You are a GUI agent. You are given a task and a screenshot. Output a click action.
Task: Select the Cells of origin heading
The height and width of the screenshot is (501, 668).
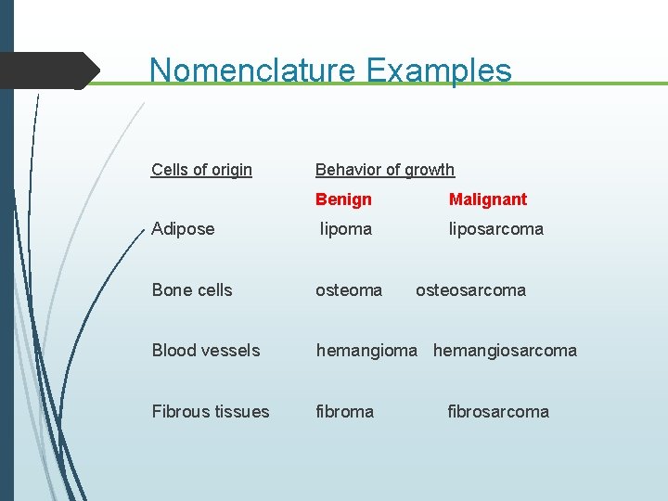(x=201, y=170)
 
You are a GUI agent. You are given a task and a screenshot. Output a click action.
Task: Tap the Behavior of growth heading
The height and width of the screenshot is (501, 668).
(x=385, y=170)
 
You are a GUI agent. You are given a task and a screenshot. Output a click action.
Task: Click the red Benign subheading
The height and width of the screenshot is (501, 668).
(x=343, y=199)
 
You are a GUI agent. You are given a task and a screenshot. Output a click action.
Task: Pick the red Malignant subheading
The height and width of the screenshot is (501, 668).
(x=488, y=199)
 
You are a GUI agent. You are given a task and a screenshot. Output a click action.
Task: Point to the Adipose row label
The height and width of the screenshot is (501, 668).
(x=183, y=229)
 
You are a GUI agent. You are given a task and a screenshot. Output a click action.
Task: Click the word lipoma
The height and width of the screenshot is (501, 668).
(x=346, y=229)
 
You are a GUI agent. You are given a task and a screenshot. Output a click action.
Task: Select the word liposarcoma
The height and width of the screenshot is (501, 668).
(x=496, y=229)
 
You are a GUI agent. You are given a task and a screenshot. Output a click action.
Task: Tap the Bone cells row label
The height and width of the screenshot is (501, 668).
(x=192, y=290)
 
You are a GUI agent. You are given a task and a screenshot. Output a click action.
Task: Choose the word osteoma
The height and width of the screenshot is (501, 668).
(x=349, y=290)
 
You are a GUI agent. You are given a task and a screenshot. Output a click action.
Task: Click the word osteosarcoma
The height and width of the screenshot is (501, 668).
(x=470, y=290)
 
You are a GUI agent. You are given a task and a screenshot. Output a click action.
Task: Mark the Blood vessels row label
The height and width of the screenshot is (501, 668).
(x=206, y=351)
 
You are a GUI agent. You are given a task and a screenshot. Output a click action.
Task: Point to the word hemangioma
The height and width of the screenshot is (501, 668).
(x=366, y=351)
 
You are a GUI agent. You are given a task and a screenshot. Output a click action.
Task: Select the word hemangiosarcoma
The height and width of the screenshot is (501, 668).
(x=505, y=351)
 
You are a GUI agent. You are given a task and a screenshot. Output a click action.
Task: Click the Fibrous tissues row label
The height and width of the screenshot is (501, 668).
(x=211, y=412)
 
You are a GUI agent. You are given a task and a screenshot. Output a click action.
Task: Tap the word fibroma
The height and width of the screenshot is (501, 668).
(x=345, y=412)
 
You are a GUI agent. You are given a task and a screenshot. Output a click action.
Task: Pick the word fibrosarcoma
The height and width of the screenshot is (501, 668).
(x=498, y=412)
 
